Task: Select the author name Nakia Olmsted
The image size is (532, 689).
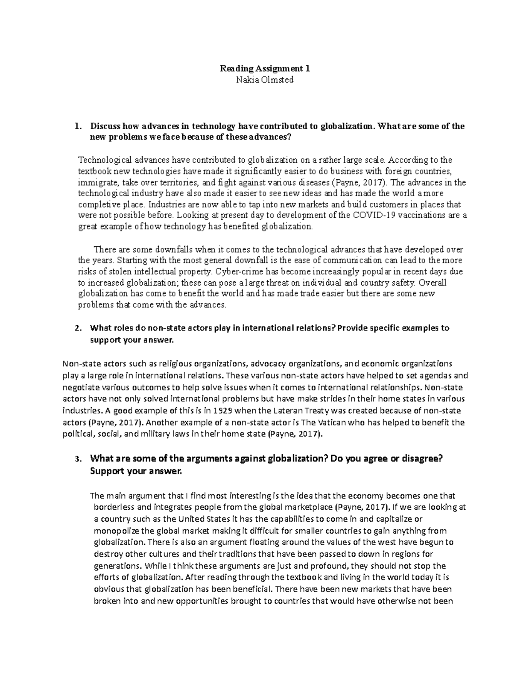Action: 266,80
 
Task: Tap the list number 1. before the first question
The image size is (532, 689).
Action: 78,126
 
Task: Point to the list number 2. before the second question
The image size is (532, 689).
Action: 78,328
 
